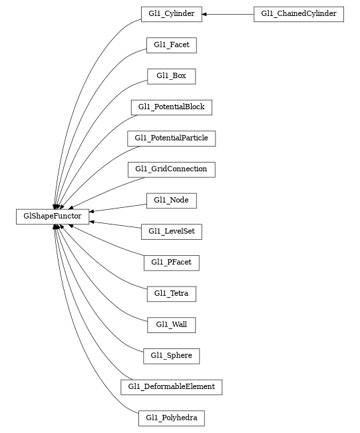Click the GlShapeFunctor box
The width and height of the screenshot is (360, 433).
53,217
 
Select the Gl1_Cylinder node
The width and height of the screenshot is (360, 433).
171,14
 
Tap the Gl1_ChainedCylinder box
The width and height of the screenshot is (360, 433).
298,14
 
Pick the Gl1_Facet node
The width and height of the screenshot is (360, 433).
171,45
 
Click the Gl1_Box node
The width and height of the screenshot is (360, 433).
171,76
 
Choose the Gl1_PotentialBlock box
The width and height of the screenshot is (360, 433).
171,107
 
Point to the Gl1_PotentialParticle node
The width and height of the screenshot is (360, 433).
171,139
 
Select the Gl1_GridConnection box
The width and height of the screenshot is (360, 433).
171,169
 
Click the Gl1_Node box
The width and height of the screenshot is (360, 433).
171,201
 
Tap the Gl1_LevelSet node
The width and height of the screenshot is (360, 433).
171,232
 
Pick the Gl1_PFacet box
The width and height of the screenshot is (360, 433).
171,262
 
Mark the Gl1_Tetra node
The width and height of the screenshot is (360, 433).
171,294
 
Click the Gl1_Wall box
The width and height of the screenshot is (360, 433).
171,325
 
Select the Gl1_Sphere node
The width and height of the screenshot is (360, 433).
171,356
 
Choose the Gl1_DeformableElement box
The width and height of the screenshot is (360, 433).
171,387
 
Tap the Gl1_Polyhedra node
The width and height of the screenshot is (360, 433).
171,418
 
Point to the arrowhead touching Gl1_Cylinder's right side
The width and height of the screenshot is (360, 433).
206,14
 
